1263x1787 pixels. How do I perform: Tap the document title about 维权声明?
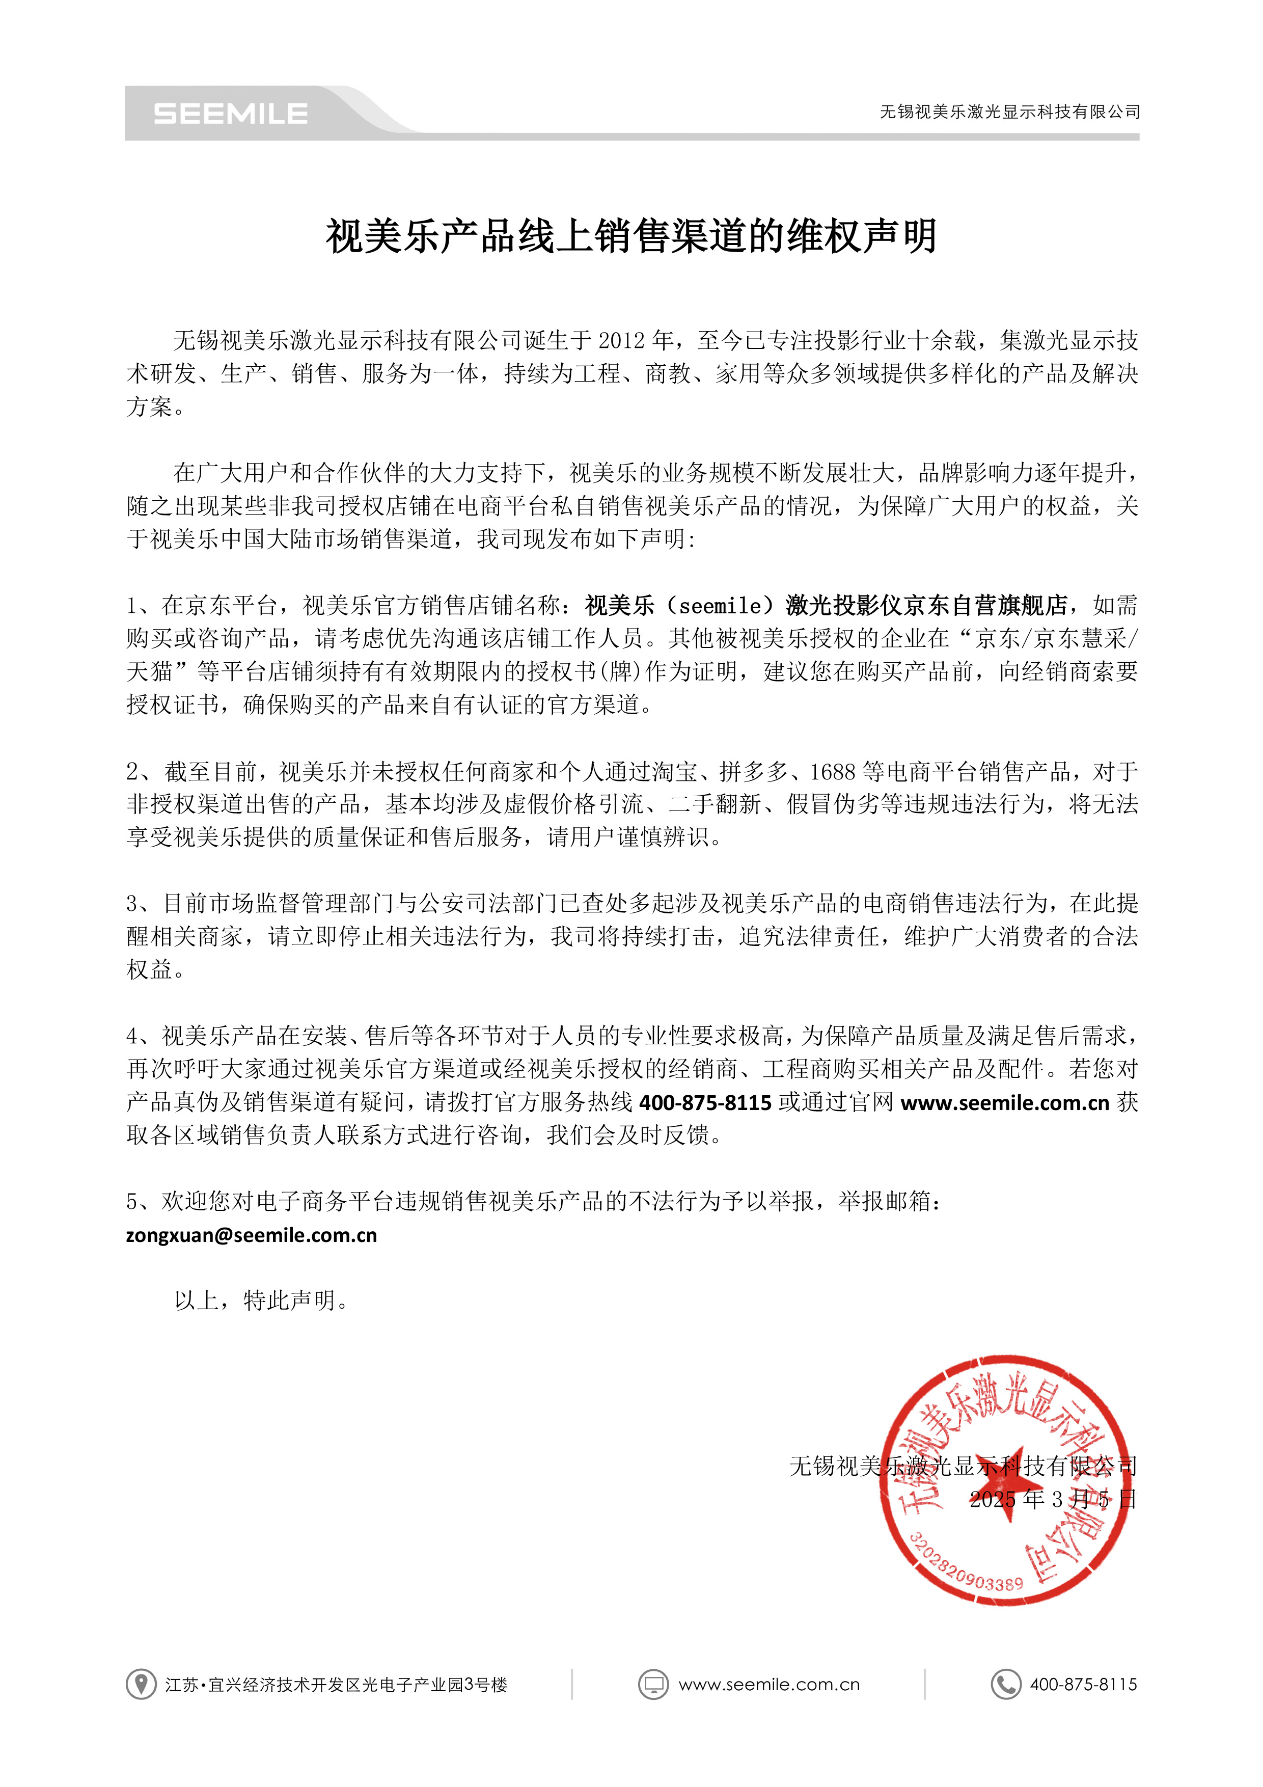(631, 236)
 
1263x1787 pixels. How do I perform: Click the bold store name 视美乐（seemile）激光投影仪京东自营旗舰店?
(827, 606)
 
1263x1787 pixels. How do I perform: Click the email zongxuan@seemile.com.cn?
(252, 1235)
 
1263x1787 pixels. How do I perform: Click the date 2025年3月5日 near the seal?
(1052, 1499)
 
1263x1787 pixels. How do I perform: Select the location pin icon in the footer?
(141, 1684)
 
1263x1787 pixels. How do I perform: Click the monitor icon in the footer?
(653, 1684)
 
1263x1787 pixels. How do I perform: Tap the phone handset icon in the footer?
(1005, 1684)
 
